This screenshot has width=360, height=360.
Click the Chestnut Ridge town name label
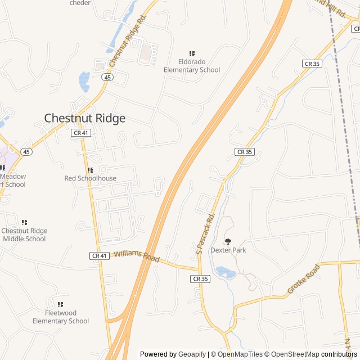(x=84, y=118)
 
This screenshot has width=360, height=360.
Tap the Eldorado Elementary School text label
(x=192, y=66)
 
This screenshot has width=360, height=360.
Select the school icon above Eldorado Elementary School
(x=192, y=53)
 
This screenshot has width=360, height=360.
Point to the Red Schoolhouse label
(x=90, y=178)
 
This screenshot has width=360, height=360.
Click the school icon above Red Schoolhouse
(x=90, y=170)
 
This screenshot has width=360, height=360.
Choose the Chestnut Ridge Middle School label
(x=24, y=235)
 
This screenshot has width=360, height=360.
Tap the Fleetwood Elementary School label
(x=60, y=317)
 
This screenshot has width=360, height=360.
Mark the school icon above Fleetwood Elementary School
(x=60, y=304)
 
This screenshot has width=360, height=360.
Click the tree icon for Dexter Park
(x=228, y=241)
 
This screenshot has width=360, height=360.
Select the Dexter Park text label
(x=228, y=250)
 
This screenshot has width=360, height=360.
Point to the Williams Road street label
(x=137, y=256)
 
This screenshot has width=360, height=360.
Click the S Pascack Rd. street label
(x=206, y=233)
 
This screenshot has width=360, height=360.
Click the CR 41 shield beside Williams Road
(x=98, y=256)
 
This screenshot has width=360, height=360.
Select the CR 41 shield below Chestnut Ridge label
(x=80, y=133)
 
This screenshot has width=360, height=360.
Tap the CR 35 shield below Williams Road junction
(x=200, y=278)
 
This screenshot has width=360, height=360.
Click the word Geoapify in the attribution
(x=193, y=354)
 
